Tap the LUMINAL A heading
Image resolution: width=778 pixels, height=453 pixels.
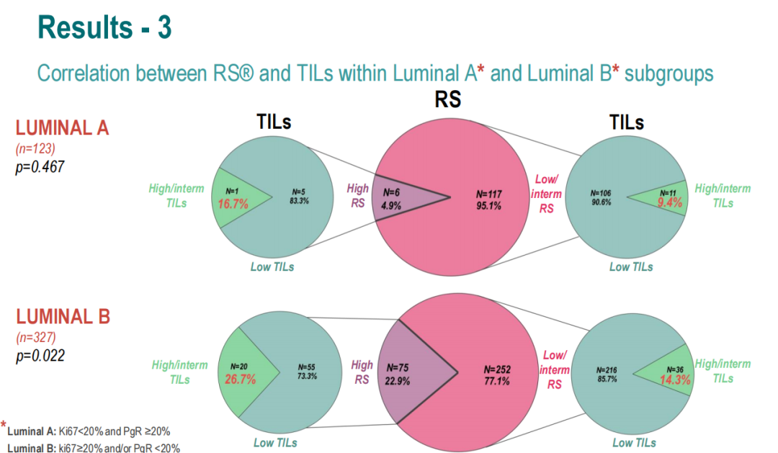tap(62, 128)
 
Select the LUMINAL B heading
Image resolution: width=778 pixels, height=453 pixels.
tap(62, 317)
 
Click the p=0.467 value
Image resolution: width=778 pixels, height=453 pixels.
tap(40, 166)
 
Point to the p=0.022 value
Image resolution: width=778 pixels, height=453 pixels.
tap(40, 355)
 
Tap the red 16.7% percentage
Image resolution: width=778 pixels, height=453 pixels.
tap(233, 204)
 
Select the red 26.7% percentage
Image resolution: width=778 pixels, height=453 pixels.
tap(241, 379)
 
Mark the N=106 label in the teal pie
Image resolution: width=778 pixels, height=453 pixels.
tap(601, 192)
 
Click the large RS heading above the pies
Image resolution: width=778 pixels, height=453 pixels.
tap(447, 98)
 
